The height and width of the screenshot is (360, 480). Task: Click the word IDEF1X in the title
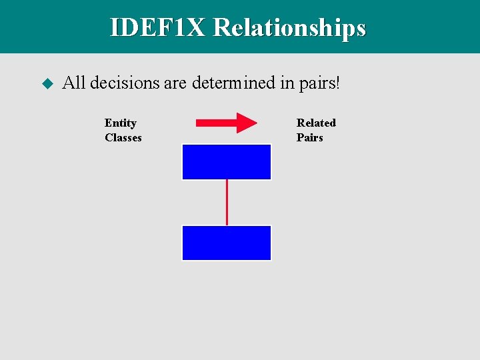click(158, 27)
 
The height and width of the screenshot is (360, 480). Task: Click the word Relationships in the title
click(289, 27)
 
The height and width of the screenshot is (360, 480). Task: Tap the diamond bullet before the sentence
click(47, 83)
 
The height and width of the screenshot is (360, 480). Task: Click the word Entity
click(121, 123)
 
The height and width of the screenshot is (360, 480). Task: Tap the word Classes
click(123, 137)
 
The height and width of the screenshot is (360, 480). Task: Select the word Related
click(316, 123)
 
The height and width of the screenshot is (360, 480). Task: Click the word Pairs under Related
click(310, 137)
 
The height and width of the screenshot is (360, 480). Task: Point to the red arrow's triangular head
click(246, 123)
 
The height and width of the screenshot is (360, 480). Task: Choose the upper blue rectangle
click(227, 162)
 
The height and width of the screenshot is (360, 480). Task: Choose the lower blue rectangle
click(227, 243)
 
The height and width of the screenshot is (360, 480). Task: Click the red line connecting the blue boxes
click(227, 202)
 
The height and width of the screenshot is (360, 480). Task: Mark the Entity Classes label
click(123, 130)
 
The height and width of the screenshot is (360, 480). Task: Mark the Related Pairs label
click(316, 130)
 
